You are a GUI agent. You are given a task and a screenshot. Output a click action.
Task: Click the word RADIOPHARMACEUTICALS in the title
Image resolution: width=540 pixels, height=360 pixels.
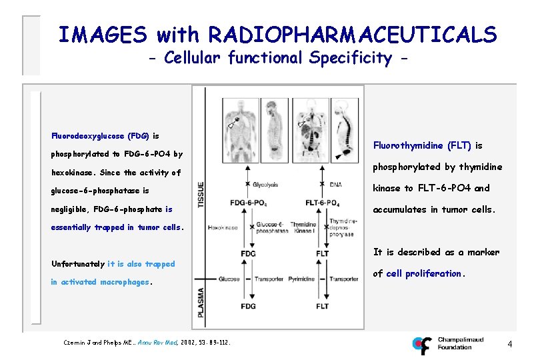(x=353, y=34)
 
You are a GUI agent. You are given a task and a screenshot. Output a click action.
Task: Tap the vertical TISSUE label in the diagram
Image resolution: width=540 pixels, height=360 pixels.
(x=201, y=193)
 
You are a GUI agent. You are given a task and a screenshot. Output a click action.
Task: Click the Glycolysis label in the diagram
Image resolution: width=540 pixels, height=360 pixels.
(x=265, y=185)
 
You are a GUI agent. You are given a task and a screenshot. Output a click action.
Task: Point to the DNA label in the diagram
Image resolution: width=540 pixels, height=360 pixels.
(x=335, y=185)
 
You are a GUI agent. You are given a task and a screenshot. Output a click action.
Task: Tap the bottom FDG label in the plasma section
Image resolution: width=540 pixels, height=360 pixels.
(x=248, y=306)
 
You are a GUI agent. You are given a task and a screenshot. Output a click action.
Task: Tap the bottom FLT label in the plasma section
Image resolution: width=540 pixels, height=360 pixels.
(x=323, y=306)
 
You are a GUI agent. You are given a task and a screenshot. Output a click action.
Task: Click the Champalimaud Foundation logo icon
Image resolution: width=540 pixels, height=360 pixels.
(x=422, y=345)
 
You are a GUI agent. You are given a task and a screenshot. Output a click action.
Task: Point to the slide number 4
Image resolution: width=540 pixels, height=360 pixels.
(x=509, y=345)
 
